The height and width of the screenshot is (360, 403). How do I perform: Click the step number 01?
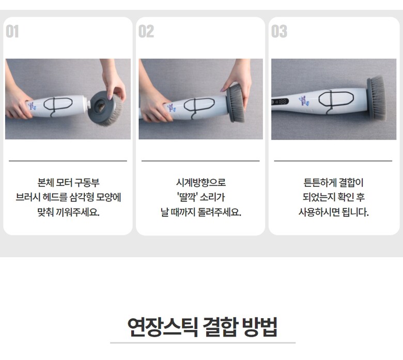pyautogui.click(x=12, y=32)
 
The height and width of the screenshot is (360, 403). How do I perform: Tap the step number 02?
pyautogui.click(x=146, y=32)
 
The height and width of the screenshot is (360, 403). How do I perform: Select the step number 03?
pyautogui.click(x=279, y=32)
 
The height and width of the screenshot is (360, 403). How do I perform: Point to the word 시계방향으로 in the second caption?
pyautogui.click(x=201, y=183)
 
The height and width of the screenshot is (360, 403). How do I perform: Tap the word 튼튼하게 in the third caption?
pyautogui.click(x=319, y=183)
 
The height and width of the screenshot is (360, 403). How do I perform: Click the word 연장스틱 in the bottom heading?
pyautogui.click(x=163, y=327)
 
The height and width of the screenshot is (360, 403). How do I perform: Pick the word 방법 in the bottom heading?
pyautogui.click(x=260, y=327)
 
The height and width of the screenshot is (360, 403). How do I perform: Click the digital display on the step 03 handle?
pyautogui.click(x=280, y=102)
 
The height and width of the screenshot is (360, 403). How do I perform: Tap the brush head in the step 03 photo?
pyautogui.click(x=376, y=98)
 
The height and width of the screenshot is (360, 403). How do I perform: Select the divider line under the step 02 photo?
pyautogui.click(x=200, y=161)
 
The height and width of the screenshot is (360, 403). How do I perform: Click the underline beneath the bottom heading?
pyautogui.click(x=203, y=343)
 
